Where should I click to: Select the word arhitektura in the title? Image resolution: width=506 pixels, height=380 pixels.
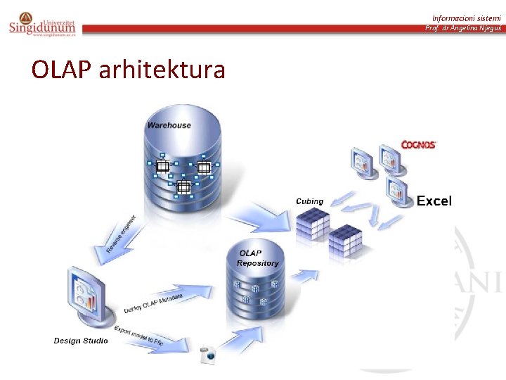tap(162, 70)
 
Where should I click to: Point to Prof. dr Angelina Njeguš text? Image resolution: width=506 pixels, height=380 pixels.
tap(462, 28)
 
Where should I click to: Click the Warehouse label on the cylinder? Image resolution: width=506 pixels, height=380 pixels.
tap(169, 125)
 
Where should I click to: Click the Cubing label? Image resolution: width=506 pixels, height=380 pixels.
tap(309, 201)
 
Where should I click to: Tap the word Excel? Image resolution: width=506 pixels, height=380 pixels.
tap(434, 201)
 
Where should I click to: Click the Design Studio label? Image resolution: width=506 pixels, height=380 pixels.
tap(81, 341)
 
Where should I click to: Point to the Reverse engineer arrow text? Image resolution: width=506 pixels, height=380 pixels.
tap(121, 234)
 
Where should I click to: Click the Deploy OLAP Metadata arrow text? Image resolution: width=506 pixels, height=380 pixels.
tap(153, 304)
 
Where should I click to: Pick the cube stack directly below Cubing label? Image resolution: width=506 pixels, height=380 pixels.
tap(311, 224)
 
